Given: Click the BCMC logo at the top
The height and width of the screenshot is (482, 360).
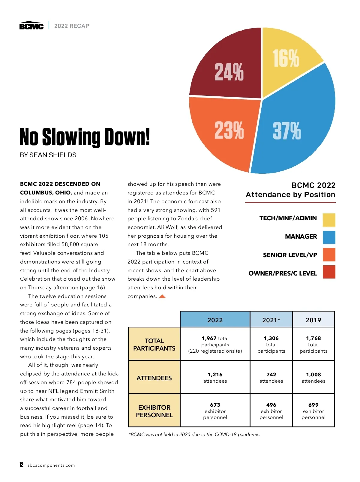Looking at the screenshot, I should point(31,26).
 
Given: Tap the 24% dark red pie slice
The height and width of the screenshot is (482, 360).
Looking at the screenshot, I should point(228,69).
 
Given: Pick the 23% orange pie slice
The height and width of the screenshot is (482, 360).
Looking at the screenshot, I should point(225,132).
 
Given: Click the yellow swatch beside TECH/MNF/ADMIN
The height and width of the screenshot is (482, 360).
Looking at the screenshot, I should point(329,220).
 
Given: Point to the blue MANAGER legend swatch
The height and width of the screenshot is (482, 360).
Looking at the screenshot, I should point(329,237).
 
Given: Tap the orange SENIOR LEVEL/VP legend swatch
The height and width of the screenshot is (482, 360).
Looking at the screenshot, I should point(329,255).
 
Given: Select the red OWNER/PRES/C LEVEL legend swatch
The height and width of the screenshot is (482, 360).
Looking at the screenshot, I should point(329,272).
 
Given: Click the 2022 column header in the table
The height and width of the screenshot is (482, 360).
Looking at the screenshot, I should point(215,320).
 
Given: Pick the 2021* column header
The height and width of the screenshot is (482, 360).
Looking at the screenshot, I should point(271,320).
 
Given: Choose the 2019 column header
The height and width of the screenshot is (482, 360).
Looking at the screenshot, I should point(313,320).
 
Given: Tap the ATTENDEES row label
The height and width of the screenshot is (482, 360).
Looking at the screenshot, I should point(154,378).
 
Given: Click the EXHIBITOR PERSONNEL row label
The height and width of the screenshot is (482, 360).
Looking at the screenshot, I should point(154,411).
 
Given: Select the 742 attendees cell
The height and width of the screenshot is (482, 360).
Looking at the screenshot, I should point(271,378).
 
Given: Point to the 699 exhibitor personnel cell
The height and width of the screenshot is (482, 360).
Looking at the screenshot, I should point(313,411).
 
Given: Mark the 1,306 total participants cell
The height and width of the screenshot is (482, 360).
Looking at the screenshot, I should point(271,344).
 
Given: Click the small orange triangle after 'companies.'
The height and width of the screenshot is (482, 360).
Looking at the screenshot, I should point(162,297).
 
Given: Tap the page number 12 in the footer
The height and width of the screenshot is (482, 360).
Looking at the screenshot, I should point(21,465).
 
